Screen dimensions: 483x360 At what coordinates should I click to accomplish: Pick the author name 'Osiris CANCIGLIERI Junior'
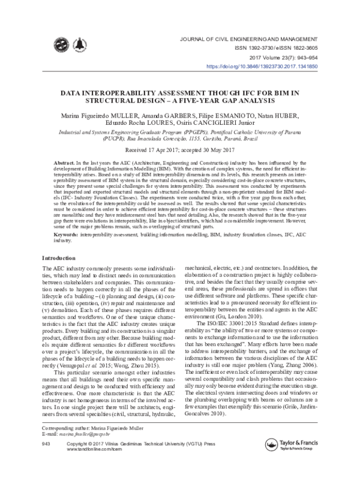[221, 123]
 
